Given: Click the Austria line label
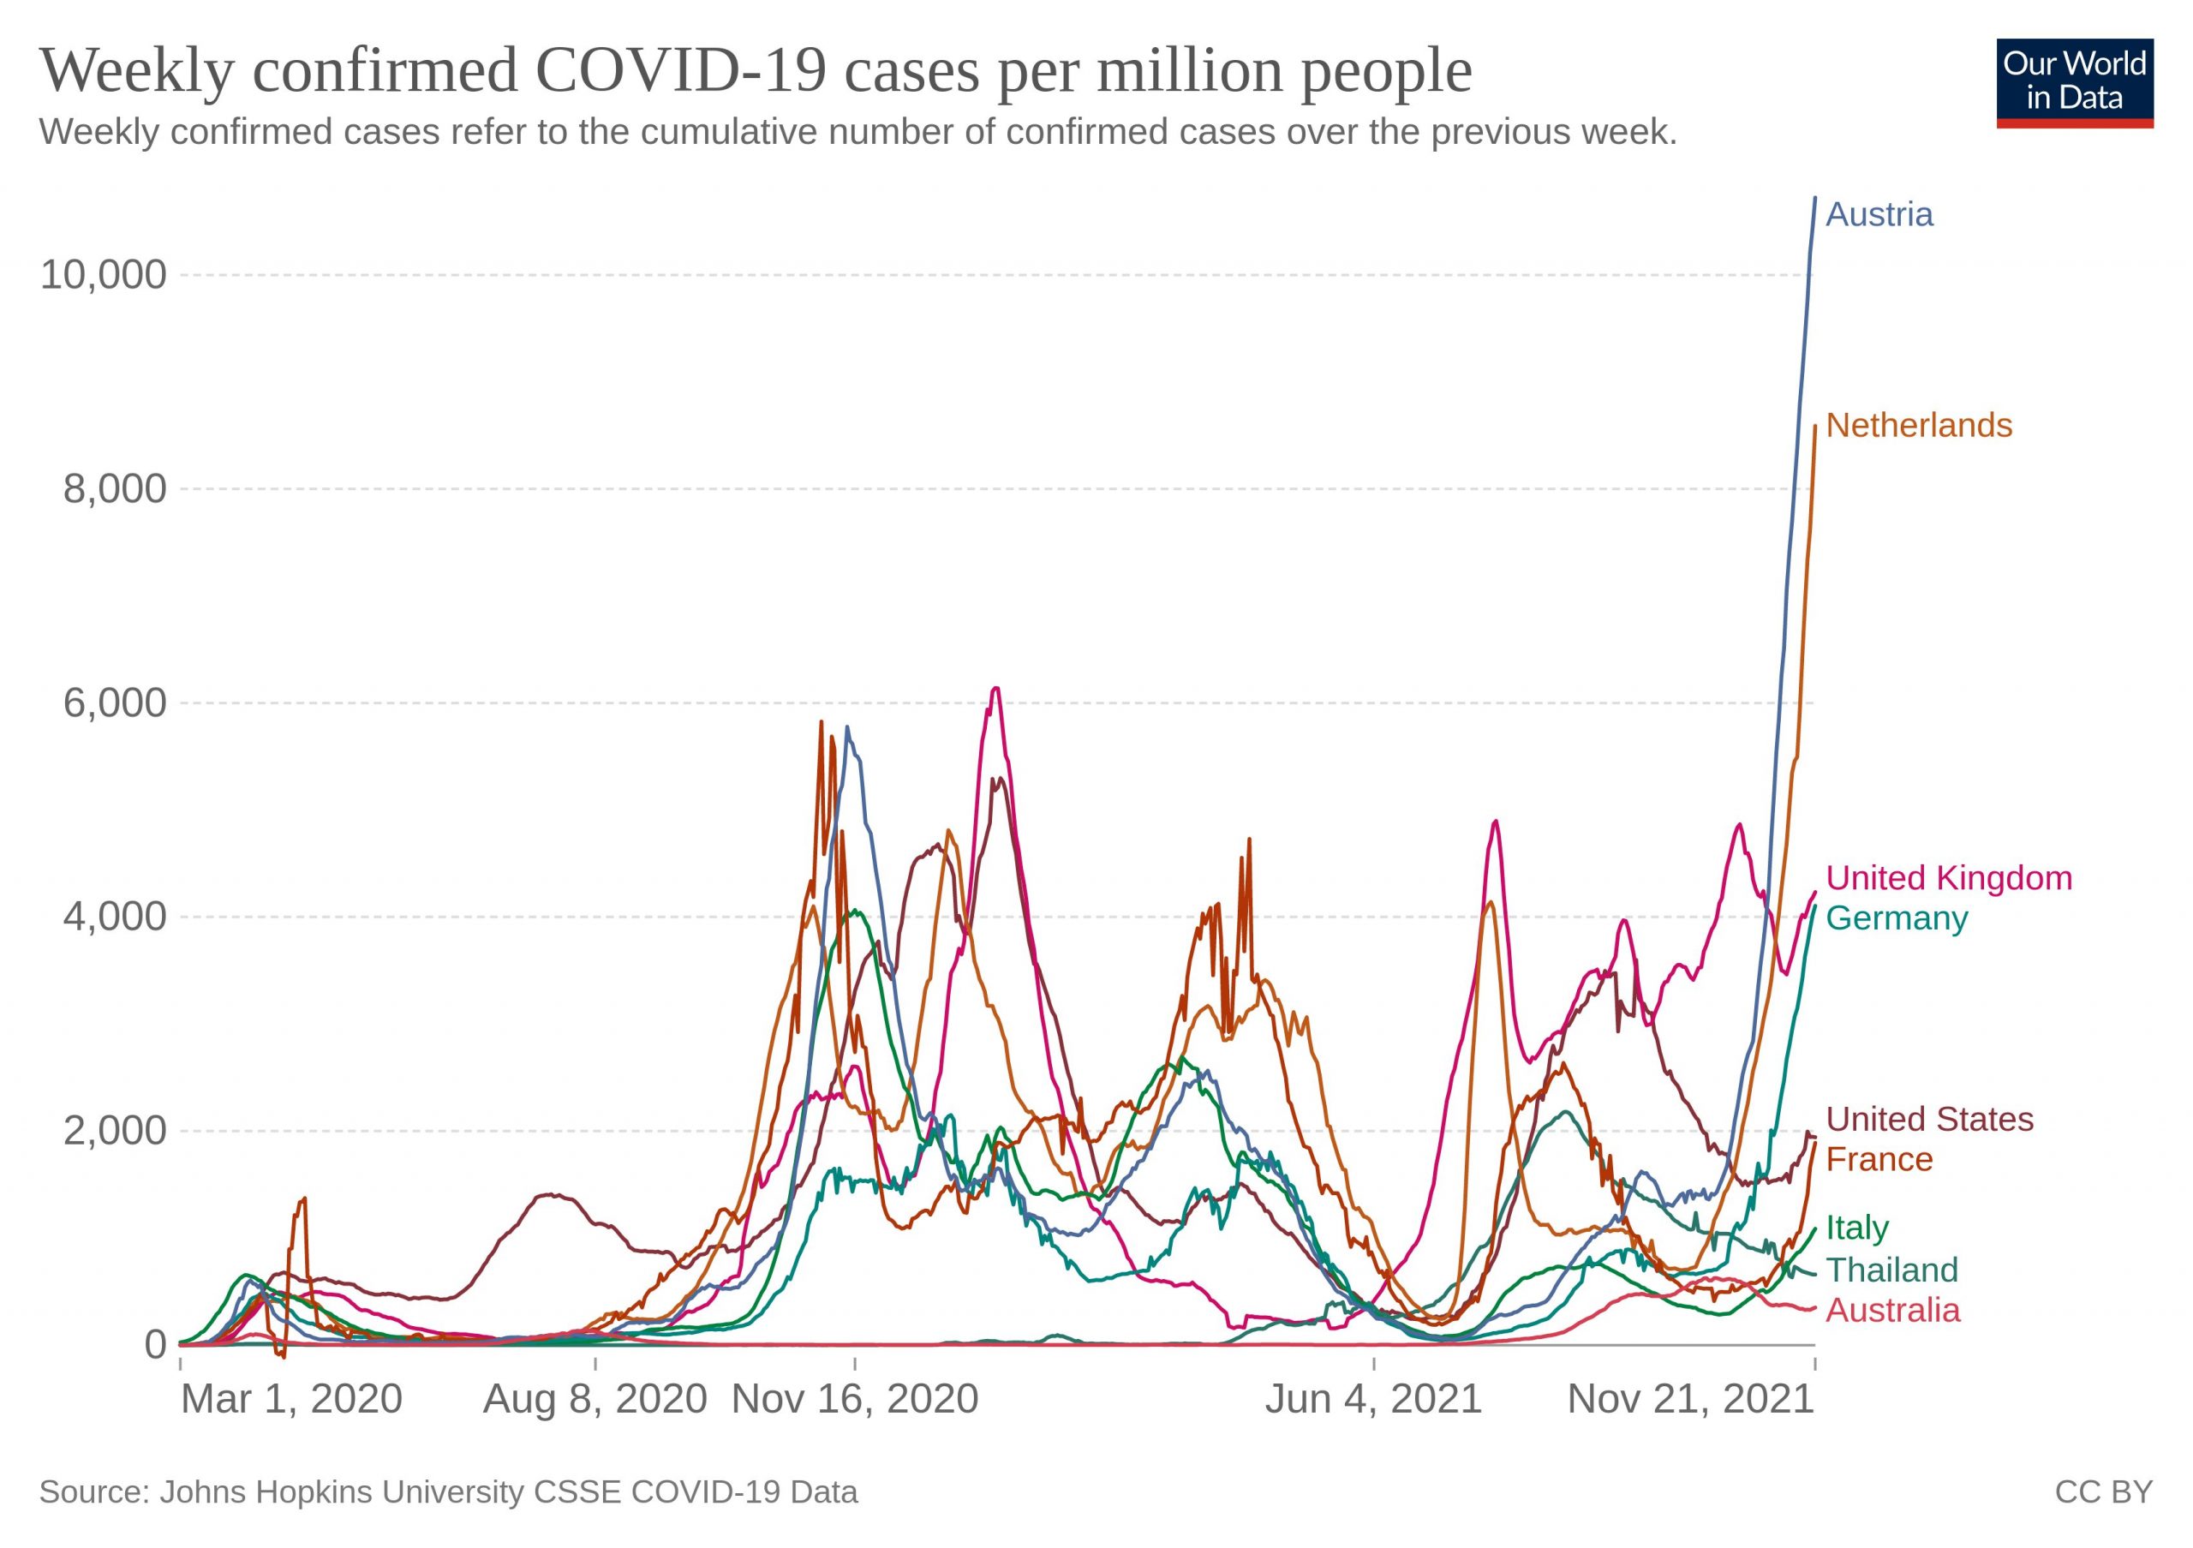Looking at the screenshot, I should pyautogui.click(x=1879, y=215).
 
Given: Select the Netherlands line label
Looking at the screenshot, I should pyautogui.click(x=1918, y=426).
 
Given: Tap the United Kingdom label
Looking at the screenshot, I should pyautogui.click(x=1949, y=879).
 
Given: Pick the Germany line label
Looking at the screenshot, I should pyautogui.click(x=1896, y=918).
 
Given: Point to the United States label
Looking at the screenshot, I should pyautogui.click(x=1929, y=1119).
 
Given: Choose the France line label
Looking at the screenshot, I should pyautogui.click(x=1879, y=1159).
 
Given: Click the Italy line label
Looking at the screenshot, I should pyautogui.click(x=1857, y=1228).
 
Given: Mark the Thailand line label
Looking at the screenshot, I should pyautogui.click(x=1891, y=1271).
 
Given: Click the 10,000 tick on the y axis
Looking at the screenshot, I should pyautogui.click(x=103, y=275).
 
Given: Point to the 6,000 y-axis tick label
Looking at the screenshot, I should pyautogui.click(x=115, y=704).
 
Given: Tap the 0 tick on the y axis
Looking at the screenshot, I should pyautogui.click(x=156, y=1345).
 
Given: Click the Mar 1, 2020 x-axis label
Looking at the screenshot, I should pyautogui.click(x=291, y=1400).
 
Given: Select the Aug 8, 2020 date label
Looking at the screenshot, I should pyautogui.click(x=595, y=1400).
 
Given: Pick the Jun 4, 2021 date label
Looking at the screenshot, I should pyautogui.click(x=1373, y=1400).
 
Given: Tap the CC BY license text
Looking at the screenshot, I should pyautogui.click(x=2104, y=1492).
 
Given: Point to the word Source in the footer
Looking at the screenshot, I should pyautogui.click(x=93, y=1492).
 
